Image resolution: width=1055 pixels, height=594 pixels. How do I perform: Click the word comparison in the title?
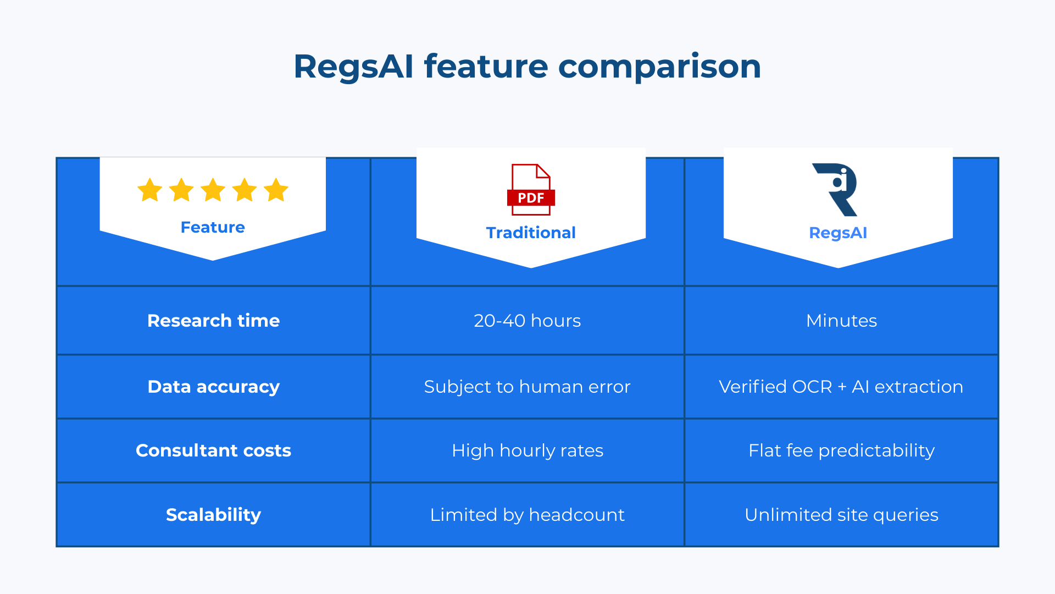(659, 67)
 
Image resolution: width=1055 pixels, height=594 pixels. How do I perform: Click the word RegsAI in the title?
(353, 67)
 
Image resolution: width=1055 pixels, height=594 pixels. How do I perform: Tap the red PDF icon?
(531, 190)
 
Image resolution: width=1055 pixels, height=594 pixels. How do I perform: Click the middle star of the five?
(213, 190)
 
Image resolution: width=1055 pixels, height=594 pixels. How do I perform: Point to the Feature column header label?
(213, 227)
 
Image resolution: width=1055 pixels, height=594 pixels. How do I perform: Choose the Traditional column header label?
(531, 233)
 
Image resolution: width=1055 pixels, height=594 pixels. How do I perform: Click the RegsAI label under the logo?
(838, 233)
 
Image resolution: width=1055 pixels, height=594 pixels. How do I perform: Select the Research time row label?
(213, 321)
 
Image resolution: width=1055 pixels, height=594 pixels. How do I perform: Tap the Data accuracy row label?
(213, 387)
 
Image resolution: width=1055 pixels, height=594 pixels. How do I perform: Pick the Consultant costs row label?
(213, 450)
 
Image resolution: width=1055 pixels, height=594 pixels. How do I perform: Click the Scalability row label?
(213, 515)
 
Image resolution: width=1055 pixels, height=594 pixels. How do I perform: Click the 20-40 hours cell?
(527, 321)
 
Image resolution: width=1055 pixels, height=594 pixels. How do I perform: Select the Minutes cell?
(841, 321)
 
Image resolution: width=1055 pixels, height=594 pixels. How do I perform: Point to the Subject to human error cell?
(527, 387)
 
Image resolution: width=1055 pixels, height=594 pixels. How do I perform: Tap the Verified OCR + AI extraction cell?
(841, 387)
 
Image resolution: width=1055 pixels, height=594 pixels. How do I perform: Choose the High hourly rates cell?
(527, 450)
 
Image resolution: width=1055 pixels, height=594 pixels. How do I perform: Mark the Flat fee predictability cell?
(841, 450)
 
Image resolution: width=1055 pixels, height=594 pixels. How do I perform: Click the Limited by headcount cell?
(527, 515)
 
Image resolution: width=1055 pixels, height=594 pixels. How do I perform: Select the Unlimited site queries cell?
(841, 515)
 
